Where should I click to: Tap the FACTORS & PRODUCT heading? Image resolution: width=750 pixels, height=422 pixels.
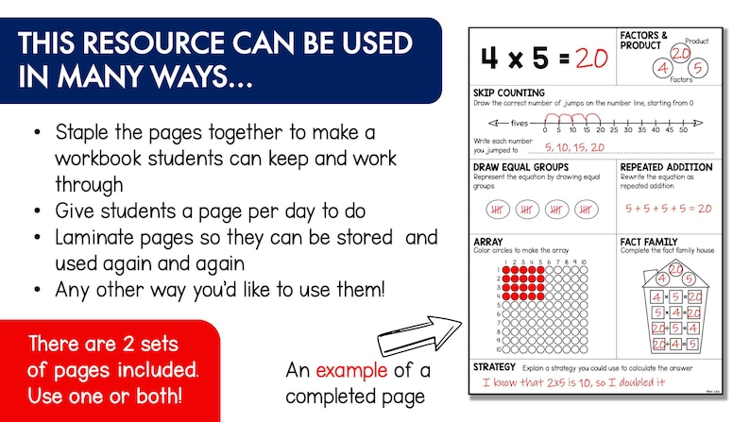pos(646,41)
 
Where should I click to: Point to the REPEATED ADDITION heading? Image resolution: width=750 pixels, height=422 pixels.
pos(666,167)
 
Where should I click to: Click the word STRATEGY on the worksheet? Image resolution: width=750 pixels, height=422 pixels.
pos(495,366)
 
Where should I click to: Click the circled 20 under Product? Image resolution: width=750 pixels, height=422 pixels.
pos(679,53)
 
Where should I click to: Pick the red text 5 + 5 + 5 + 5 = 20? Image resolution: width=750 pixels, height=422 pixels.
pos(673,208)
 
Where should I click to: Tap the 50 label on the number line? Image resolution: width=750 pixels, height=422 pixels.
pos(694,131)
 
